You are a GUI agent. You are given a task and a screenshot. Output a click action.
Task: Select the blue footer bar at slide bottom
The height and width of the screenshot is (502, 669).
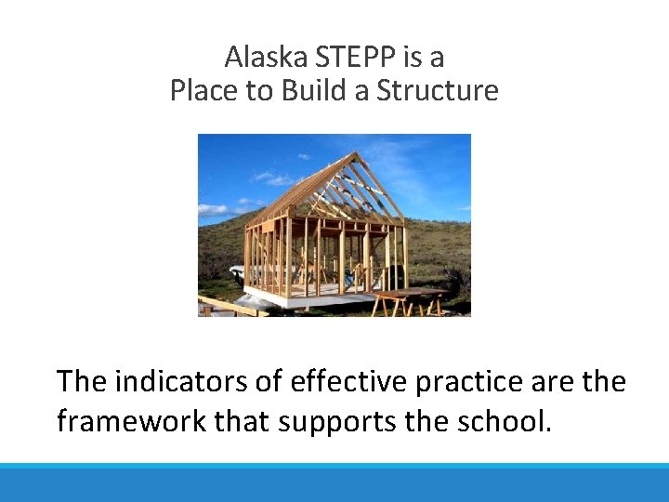coord(334,482)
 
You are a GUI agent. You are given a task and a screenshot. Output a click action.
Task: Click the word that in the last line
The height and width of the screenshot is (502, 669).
coord(240,421)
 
